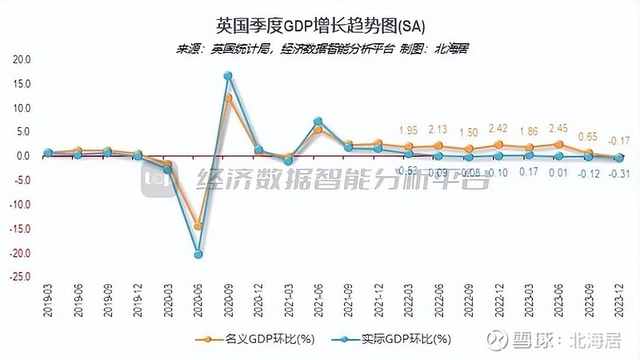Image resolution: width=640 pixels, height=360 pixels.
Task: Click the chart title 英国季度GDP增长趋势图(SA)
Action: coord(321,26)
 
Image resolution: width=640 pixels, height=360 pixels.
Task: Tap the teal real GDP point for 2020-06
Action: coord(198,254)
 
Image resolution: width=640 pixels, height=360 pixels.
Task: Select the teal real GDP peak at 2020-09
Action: coord(228,76)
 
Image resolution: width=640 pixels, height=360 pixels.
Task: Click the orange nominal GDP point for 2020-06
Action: coord(198,226)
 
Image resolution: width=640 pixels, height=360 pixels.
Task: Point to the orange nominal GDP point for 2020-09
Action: coord(228,98)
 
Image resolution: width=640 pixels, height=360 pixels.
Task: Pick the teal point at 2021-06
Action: coord(318,122)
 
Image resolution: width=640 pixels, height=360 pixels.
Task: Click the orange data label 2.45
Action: coord(558,128)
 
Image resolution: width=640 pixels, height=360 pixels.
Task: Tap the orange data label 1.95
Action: coord(407,130)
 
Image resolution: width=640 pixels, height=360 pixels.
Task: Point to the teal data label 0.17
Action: coord(527,172)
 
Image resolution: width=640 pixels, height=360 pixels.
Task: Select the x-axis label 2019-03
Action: coord(47,304)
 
